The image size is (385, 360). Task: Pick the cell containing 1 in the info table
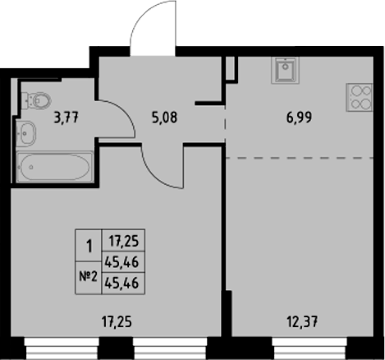[88, 245]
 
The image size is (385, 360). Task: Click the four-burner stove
[359, 99]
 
